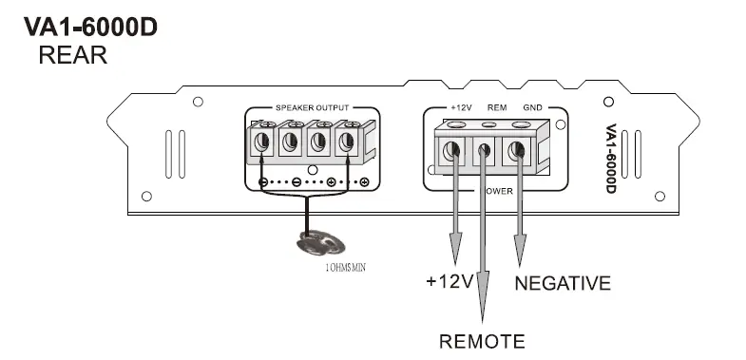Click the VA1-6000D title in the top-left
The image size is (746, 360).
tap(90, 28)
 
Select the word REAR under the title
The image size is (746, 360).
tap(72, 56)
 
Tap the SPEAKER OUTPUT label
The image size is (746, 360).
tap(313, 108)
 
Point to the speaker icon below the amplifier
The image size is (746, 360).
tap(312, 243)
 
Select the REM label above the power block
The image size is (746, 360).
tap(496, 108)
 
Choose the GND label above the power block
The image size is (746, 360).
tap(532, 108)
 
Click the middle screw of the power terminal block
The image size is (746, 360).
tap(484, 150)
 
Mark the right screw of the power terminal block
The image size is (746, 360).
tap(517, 150)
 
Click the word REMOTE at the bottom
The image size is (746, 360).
tap(481, 341)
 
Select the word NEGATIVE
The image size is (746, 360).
tap(563, 283)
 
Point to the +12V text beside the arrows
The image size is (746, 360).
tap(450, 283)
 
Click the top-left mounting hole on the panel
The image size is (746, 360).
tap(198, 102)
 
